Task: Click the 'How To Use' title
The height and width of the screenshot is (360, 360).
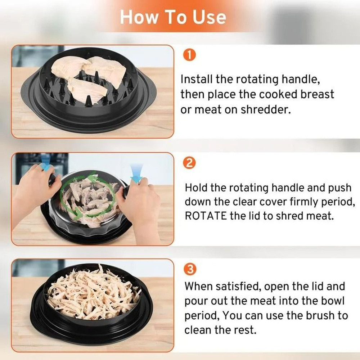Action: (x=173, y=17)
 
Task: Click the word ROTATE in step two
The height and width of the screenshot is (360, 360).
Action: (x=206, y=216)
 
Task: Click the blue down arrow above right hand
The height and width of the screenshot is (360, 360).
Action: (x=136, y=172)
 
